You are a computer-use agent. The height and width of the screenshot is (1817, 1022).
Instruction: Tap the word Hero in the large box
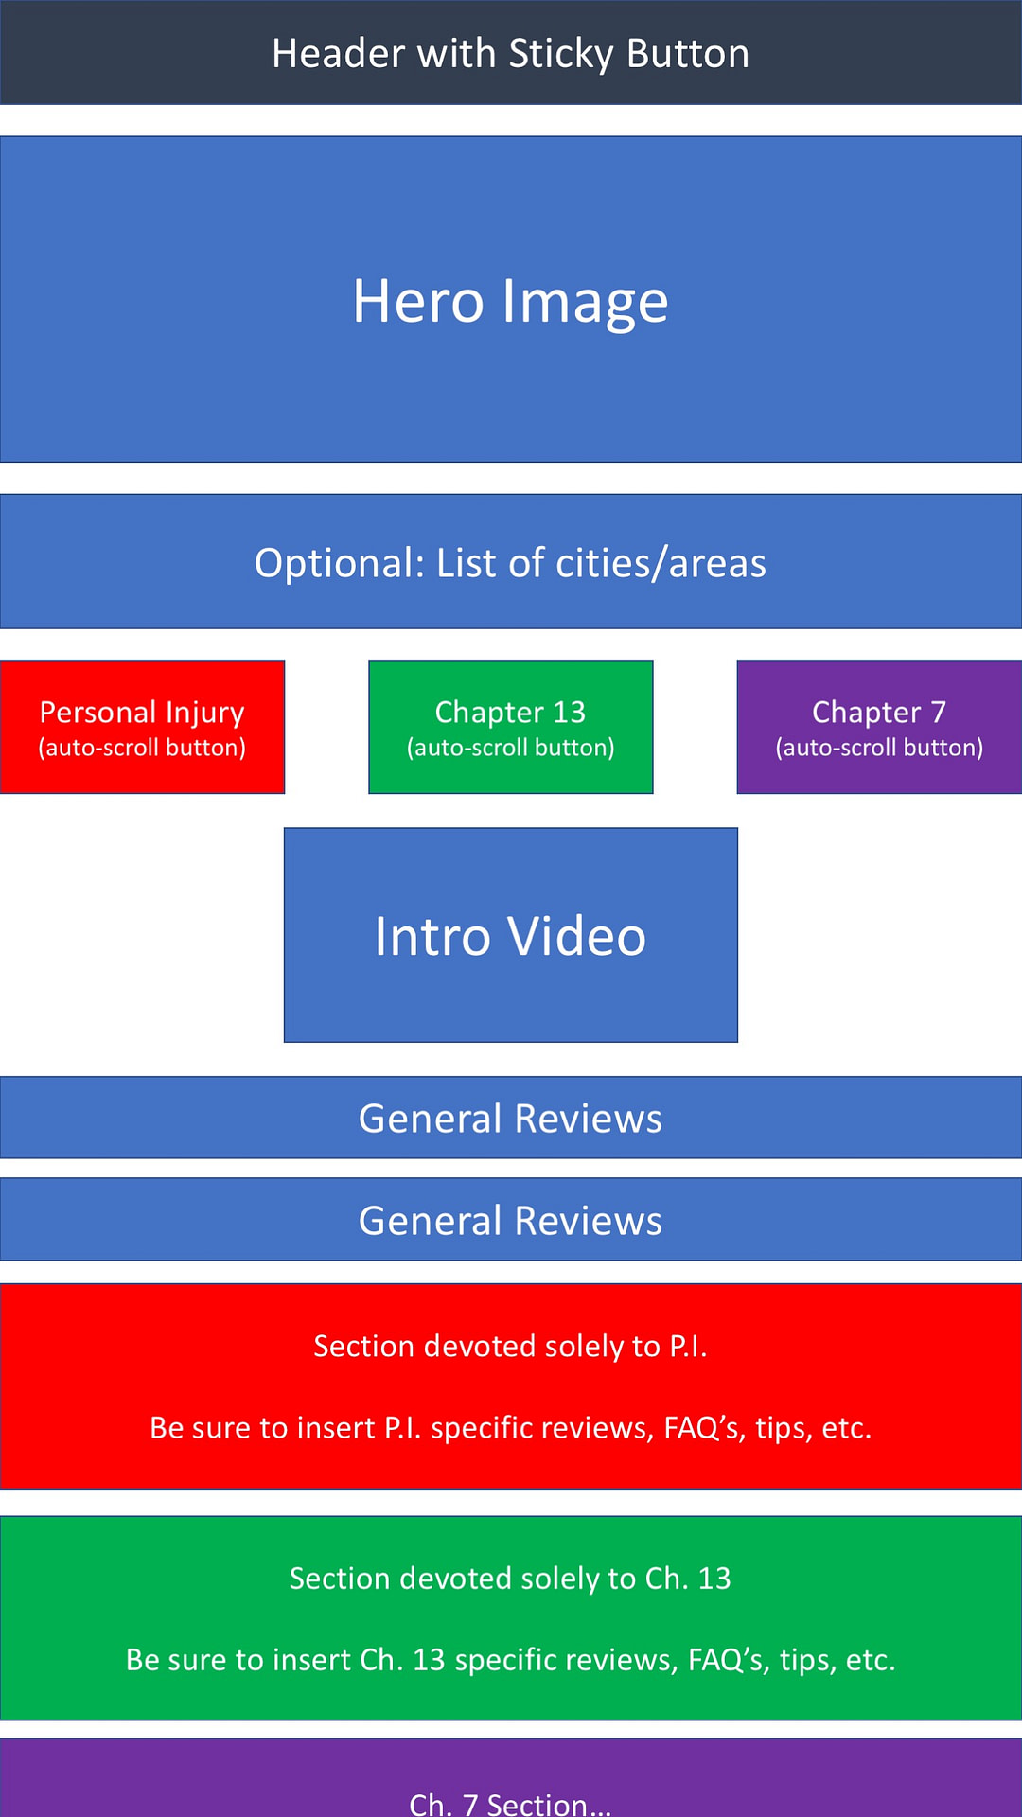tap(418, 301)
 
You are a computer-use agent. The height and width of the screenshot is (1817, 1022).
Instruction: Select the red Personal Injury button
tap(142, 726)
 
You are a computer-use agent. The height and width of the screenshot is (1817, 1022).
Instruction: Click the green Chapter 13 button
tap(510, 726)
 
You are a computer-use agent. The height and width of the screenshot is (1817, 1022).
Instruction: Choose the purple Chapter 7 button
tap(879, 726)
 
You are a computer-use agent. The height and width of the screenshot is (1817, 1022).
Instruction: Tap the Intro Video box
tap(510, 935)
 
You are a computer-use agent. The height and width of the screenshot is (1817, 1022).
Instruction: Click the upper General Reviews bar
tap(510, 1118)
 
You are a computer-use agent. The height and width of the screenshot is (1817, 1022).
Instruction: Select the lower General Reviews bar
tap(510, 1220)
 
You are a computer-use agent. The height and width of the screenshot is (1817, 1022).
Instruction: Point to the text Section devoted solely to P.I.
tap(510, 1346)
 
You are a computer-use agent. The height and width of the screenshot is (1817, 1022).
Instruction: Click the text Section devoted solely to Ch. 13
tap(510, 1578)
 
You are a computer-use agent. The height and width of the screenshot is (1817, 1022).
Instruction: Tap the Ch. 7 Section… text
tap(510, 1804)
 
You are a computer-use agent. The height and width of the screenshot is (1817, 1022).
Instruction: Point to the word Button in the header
tap(688, 54)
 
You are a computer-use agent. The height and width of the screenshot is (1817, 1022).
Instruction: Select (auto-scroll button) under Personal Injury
tap(142, 748)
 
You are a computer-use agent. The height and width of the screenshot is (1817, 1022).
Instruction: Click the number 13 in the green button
tap(569, 712)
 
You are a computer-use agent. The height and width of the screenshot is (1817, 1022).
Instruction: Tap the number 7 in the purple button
tap(938, 712)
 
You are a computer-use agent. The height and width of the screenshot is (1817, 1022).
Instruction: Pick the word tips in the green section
tap(807, 1659)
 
